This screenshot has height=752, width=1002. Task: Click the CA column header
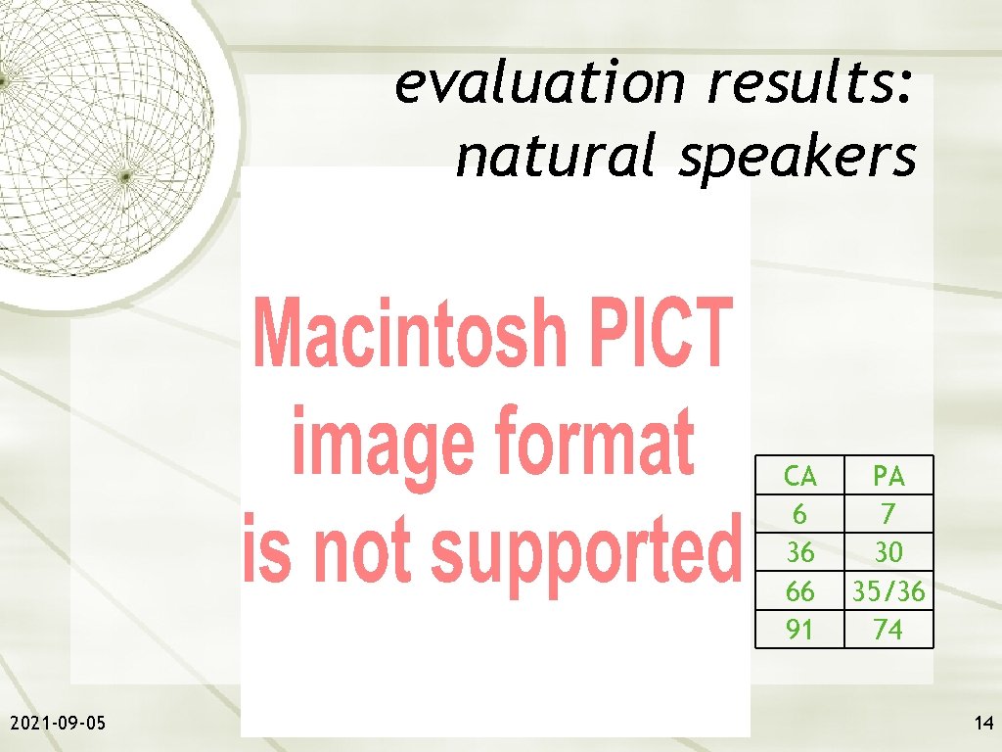point(800,477)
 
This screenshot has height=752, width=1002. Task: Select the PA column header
point(888,477)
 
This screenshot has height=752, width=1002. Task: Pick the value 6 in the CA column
point(800,514)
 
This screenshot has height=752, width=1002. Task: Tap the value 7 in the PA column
point(888,514)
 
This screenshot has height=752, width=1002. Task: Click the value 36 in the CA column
point(800,552)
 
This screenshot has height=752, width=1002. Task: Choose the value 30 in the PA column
point(888,552)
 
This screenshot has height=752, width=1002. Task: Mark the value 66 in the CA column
point(800,590)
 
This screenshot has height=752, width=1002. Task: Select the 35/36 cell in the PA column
point(888,590)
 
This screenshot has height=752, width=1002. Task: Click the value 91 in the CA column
point(800,629)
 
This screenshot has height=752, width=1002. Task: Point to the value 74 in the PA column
point(888,629)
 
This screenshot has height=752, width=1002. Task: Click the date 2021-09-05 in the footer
point(59,724)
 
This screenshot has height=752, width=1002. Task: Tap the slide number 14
point(982,724)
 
